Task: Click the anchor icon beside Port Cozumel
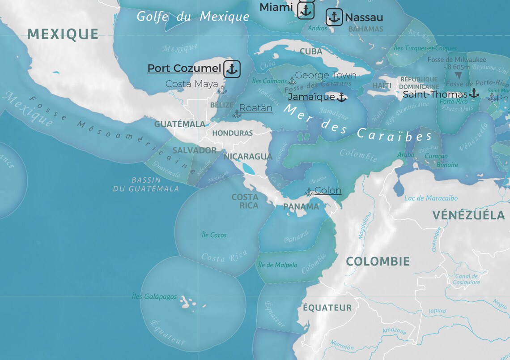pyautogui.click(x=232, y=69)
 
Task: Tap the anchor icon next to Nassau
pyautogui.click(x=334, y=17)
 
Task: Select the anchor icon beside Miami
pyautogui.click(x=306, y=10)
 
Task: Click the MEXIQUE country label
pyautogui.click(x=63, y=34)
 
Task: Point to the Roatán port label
pyautogui.click(x=255, y=108)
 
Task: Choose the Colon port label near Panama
pyautogui.click(x=327, y=190)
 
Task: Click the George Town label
pyautogui.click(x=325, y=75)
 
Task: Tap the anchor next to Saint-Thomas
pyautogui.click(x=473, y=94)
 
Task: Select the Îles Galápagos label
pyautogui.click(x=154, y=296)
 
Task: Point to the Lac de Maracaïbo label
pyautogui.click(x=430, y=198)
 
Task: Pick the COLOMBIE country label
pyautogui.click(x=378, y=261)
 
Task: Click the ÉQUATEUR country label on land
pyautogui.click(x=327, y=308)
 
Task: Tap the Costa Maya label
pyautogui.click(x=191, y=84)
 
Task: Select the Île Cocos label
pyautogui.click(x=214, y=235)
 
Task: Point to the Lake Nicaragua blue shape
pyautogui.click(x=248, y=168)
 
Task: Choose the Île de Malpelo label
pyautogui.click(x=277, y=265)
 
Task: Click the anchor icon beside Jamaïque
pyautogui.click(x=341, y=97)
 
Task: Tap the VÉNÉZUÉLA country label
pyautogui.click(x=468, y=215)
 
